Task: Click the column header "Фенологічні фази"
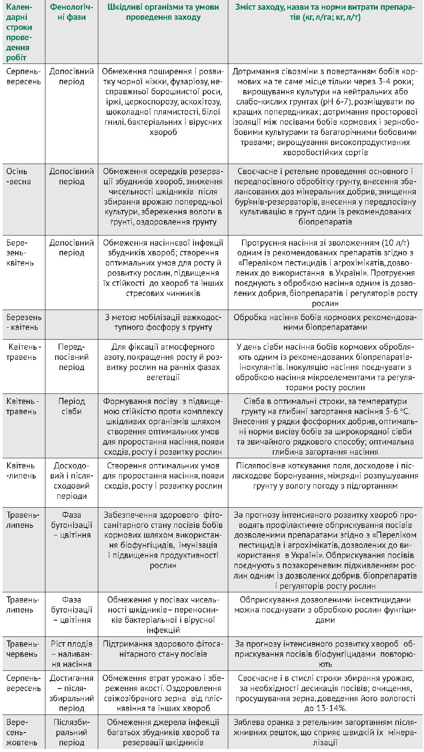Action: [x=68, y=12]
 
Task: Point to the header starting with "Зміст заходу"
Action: [x=325, y=12]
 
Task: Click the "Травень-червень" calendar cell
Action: [x=23, y=649]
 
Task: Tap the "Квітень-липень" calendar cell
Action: [x=21, y=471]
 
